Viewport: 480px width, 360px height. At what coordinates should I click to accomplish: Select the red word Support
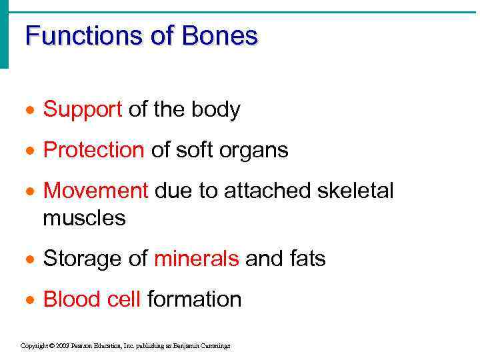pos(83,110)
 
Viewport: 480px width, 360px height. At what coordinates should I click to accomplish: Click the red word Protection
pos(93,151)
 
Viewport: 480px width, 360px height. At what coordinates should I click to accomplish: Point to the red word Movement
pos(95,191)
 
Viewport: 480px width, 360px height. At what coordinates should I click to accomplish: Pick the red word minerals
pos(196,259)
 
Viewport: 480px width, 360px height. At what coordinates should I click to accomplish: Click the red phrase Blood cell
pos(92,299)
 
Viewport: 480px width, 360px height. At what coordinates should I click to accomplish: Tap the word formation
pos(194,299)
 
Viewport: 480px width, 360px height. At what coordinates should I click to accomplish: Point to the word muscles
pos(84,218)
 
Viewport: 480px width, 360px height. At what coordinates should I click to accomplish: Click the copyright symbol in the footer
pos(51,346)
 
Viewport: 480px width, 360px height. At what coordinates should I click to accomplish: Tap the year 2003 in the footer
pos(61,346)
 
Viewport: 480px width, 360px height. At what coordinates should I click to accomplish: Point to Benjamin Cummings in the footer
pos(206,346)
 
